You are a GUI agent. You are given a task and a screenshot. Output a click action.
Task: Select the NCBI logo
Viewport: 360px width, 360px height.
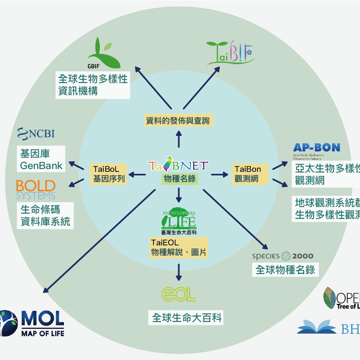tap(36, 133)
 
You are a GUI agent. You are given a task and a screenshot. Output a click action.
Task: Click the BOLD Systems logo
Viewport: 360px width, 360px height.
tap(36, 189)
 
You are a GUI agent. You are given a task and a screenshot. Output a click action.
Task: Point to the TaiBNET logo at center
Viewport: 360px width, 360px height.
tap(178, 165)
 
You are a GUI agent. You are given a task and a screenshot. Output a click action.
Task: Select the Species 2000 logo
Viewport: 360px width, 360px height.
tap(282, 256)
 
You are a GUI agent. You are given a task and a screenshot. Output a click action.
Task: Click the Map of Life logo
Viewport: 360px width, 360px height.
tap(32, 322)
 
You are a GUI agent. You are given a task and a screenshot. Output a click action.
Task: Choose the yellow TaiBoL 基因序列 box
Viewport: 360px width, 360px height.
tap(109, 174)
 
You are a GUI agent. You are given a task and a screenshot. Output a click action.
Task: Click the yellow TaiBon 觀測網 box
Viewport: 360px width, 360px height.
tap(247, 174)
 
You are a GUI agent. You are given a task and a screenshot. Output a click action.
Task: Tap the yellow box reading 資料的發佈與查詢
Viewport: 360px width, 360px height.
tap(178, 120)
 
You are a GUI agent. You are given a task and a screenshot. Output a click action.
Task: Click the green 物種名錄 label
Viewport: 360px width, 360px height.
tap(179, 178)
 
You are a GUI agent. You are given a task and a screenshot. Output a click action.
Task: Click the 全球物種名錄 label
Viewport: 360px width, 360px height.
tap(285, 270)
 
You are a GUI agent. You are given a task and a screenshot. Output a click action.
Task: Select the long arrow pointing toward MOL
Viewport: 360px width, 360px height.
tap(100, 239)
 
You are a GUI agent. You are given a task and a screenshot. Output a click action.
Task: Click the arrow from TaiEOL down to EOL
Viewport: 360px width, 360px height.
tap(179, 272)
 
